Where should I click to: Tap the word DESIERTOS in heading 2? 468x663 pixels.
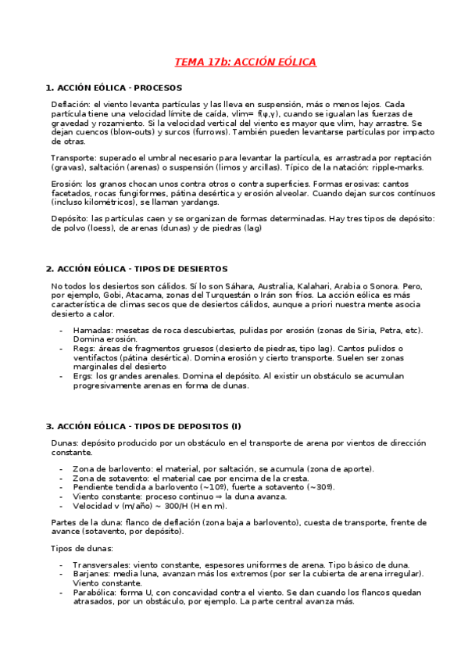[202, 268]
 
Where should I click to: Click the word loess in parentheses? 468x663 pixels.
[98, 229]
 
